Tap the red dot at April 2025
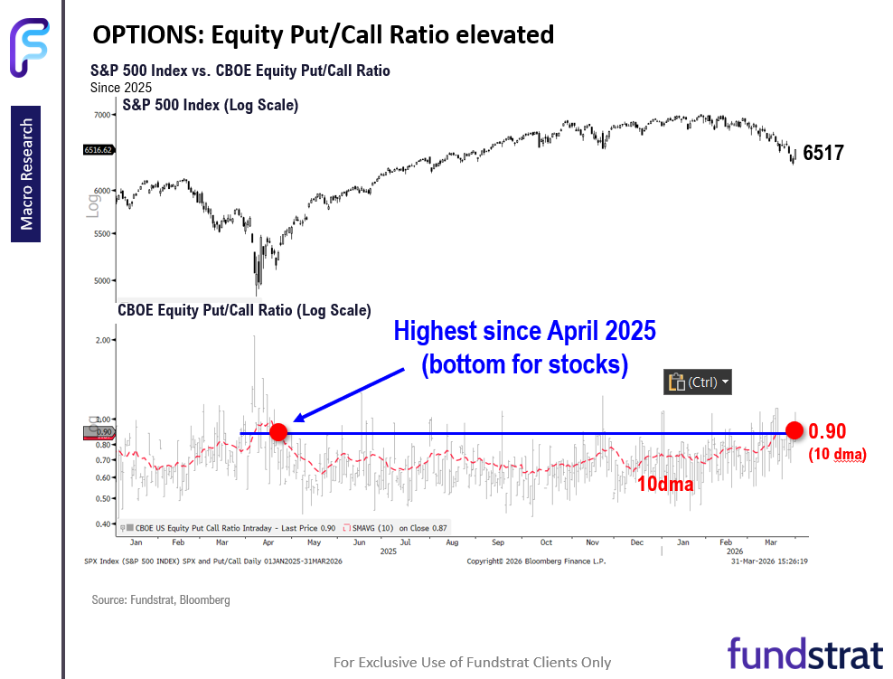[278, 432]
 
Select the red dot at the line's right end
[794, 429]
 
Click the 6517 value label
[822, 154]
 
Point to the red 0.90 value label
[827, 431]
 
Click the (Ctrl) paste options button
[698, 382]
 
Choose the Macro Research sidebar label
[27, 174]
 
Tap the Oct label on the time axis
[545, 542]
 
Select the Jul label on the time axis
[406, 542]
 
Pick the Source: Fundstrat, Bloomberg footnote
[161, 599]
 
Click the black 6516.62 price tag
[97, 150]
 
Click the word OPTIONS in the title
[148, 35]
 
